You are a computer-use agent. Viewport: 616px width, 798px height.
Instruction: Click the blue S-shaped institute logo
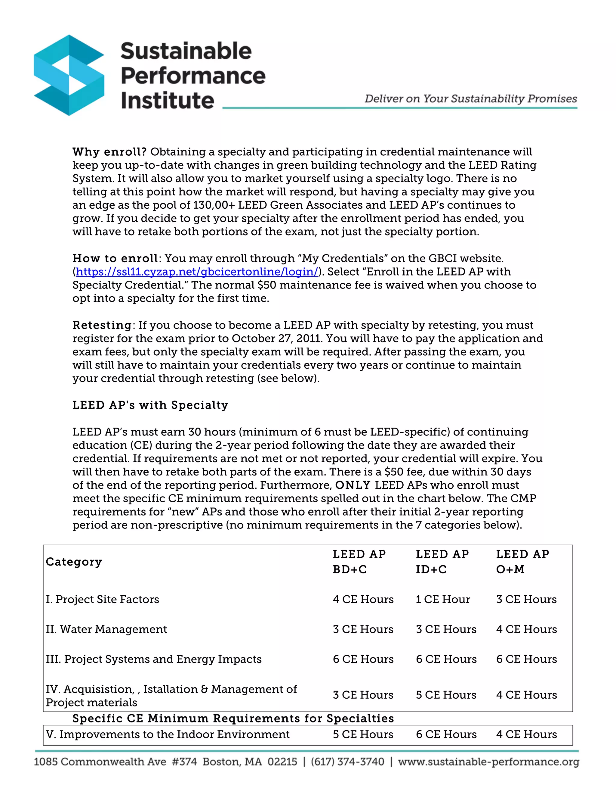[x=69, y=75]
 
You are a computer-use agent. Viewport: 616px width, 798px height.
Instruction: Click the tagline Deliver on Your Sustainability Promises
[x=470, y=99]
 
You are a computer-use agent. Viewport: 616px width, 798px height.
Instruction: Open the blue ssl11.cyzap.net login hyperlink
[x=197, y=272]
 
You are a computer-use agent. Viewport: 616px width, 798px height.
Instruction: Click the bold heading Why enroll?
[x=109, y=152]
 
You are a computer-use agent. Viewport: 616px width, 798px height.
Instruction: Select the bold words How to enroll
[x=115, y=258]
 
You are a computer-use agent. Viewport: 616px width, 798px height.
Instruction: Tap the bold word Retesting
[x=102, y=325]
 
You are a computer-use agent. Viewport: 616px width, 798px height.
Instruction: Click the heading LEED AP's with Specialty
[x=150, y=405]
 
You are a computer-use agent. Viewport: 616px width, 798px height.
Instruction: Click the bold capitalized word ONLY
[x=353, y=485]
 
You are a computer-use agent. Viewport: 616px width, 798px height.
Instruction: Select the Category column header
[x=74, y=562]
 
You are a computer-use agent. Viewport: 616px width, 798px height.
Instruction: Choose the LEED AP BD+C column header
[x=359, y=562]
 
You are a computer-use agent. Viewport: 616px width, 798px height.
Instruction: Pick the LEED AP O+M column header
[x=522, y=562]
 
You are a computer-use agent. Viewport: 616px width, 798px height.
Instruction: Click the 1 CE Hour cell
[x=443, y=600]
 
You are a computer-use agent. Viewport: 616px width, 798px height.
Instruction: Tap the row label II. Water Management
[x=106, y=630]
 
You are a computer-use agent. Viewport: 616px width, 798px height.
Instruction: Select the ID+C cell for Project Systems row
[x=446, y=659]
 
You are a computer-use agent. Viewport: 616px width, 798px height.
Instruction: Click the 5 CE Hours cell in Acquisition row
[x=446, y=695]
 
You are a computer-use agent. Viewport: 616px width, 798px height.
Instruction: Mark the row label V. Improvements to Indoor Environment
[x=168, y=734]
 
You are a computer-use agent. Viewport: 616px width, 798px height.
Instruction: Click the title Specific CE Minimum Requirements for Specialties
[x=233, y=719]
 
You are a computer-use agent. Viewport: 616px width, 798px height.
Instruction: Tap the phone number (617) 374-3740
[x=347, y=762]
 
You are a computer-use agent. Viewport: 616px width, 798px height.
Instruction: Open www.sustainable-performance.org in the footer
[x=488, y=762]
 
